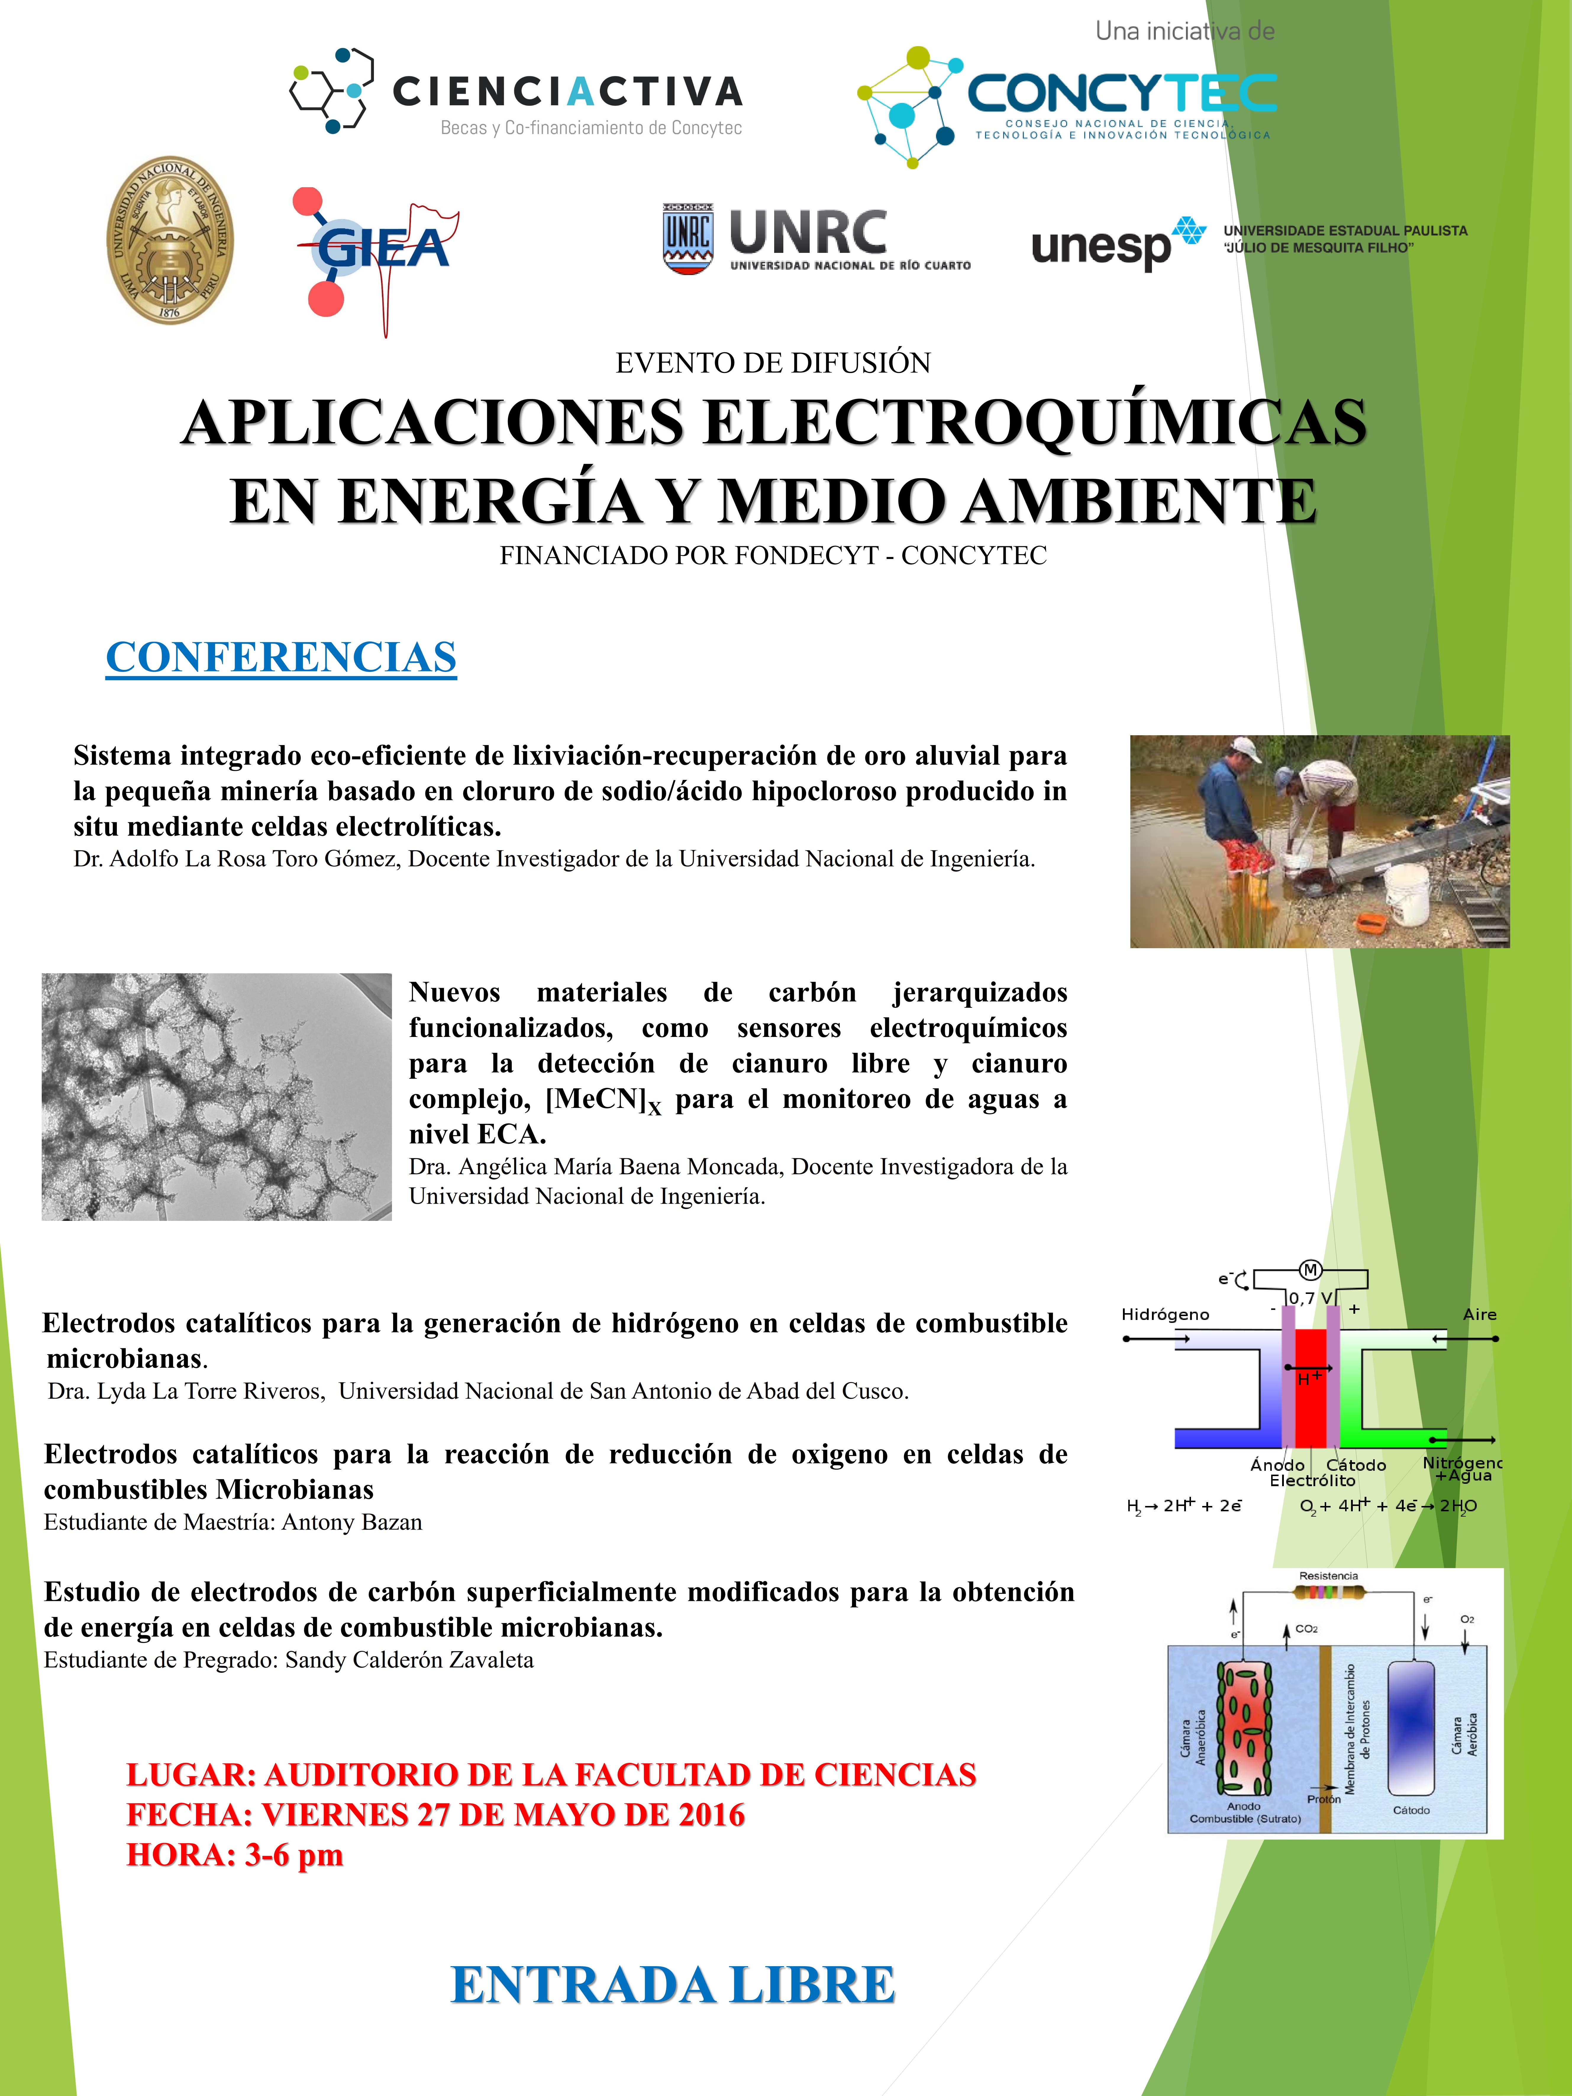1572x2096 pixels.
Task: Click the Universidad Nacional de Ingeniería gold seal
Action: [x=170, y=241]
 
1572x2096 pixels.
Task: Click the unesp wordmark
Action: [x=1101, y=246]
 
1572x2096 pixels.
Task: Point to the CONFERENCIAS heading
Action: [x=281, y=657]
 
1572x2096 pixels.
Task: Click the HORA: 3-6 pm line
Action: [x=235, y=1854]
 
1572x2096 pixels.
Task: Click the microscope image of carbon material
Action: [x=217, y=1096]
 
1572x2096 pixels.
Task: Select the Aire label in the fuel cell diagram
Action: [x=1479, y=1314]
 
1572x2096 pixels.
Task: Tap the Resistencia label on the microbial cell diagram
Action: [x=1328, y=1576]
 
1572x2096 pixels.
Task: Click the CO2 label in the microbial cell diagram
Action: [x=1306, y=1629]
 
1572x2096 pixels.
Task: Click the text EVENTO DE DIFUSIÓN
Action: [x=773, y=363]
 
